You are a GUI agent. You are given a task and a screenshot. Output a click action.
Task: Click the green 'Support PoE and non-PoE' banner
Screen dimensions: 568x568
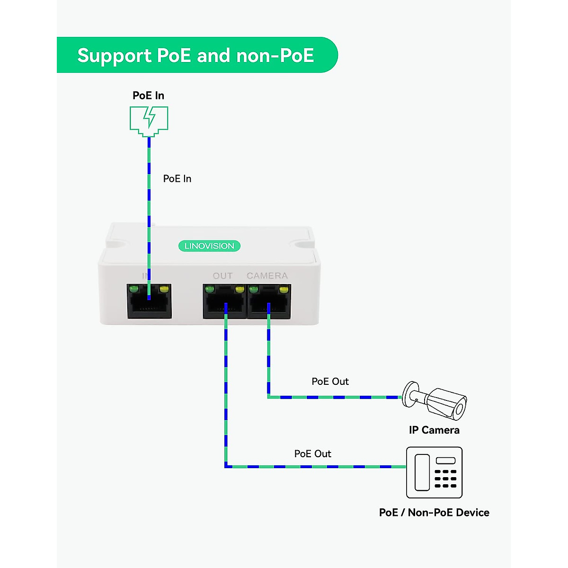coord(196,55)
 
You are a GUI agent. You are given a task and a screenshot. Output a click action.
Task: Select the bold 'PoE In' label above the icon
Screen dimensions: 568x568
coord(148,96)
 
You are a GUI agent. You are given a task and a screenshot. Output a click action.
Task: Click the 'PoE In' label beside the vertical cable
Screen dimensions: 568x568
coord(177,179)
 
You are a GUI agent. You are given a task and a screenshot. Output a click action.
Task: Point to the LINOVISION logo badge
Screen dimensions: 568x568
coord(209,246)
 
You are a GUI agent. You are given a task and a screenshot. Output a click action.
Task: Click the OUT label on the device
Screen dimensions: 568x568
coord(222,275)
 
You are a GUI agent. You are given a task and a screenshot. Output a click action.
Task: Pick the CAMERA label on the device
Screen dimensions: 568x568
coord(267,275)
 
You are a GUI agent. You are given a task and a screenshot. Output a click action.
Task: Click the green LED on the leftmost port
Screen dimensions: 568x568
coord(134,289)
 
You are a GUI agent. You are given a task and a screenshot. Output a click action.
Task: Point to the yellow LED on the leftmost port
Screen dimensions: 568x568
coord(164,289)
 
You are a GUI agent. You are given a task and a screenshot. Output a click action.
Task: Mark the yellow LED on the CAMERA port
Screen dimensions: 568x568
coord(284,289)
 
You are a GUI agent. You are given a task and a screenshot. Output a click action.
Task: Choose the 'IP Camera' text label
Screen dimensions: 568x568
coord(434,430)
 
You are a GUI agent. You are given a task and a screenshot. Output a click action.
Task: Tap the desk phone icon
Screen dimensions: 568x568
coord(434,472)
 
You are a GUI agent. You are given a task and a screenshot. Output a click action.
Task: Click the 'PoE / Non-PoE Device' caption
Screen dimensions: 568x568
coord(434,513)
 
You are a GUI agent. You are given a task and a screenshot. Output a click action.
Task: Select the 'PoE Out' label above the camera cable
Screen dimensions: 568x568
coord(330,382)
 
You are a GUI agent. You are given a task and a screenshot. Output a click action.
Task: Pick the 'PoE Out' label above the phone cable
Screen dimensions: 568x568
coord(312,454)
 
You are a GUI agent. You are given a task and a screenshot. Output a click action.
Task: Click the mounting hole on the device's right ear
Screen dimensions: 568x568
coord(302,244)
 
